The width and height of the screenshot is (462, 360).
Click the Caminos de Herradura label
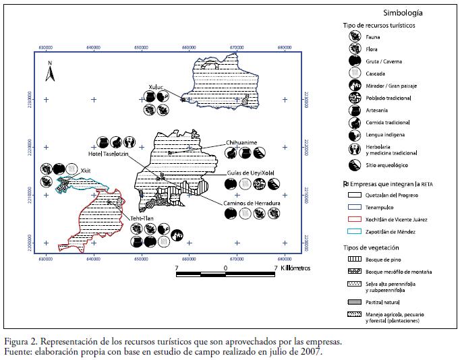coord(252,202)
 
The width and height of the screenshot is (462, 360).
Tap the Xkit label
coord(85,171)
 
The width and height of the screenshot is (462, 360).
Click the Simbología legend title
coord(403,12)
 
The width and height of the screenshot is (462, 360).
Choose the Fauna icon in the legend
coord(353,38)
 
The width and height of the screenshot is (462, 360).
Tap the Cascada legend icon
coord(353,73)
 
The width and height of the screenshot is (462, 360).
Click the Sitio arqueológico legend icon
coord(353,164)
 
